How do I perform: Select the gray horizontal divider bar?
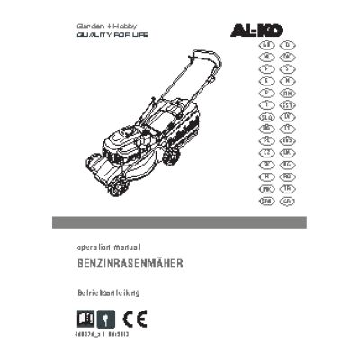pyautogui.click(x=180, y=222)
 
